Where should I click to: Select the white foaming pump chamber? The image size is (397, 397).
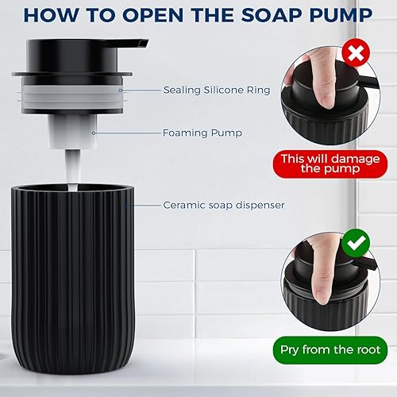pyautogui.click(x=71, y=131)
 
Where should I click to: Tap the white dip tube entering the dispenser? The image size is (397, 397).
pyautogui.click(x=70, y=171)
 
